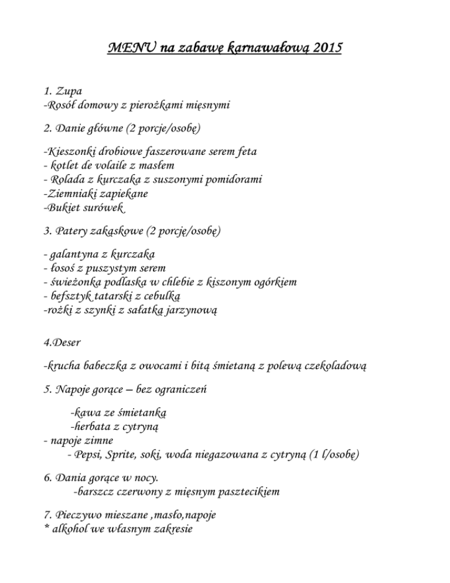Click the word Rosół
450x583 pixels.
(64, 106)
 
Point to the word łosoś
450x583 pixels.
(64, 268)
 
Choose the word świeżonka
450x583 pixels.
(76, 282)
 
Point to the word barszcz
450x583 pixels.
(100, 492)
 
